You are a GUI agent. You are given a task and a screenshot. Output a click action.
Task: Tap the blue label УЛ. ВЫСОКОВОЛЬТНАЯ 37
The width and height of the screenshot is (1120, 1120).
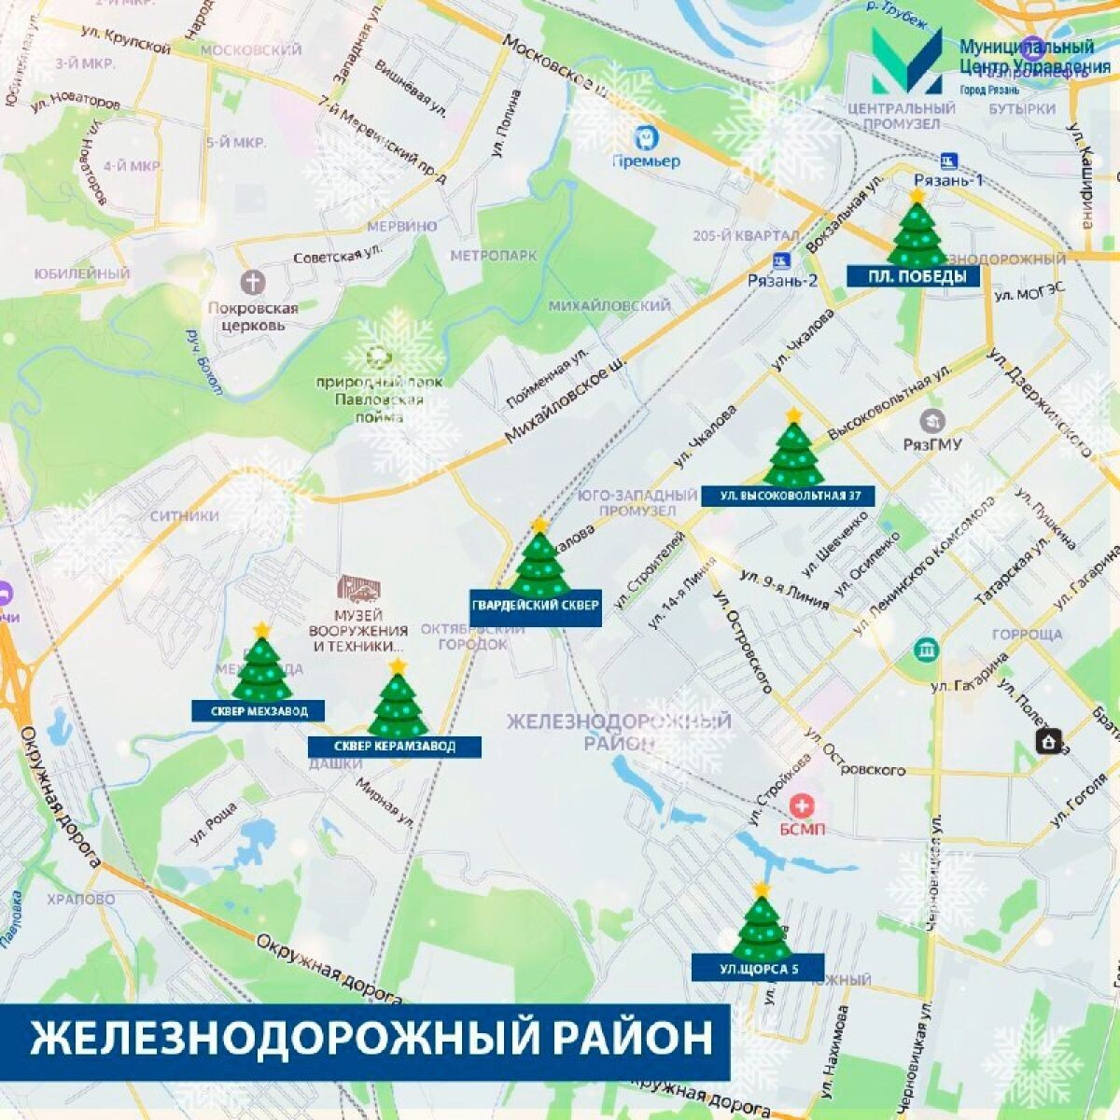pos(789,496)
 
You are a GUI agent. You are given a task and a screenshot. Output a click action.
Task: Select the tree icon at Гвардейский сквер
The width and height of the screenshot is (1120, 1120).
pos(539,563)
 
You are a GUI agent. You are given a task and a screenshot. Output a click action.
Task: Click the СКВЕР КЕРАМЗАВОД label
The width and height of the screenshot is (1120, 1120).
pos(395,747)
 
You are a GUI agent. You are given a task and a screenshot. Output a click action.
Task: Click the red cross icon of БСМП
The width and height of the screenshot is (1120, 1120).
pos(800,804)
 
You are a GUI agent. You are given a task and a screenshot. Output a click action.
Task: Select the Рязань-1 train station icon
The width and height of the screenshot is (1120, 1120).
pos(950,160)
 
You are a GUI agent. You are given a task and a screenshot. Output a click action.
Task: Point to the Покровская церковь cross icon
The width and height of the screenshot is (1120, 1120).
pos(253,281)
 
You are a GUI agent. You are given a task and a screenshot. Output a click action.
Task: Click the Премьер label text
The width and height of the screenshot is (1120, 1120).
pos(645,161)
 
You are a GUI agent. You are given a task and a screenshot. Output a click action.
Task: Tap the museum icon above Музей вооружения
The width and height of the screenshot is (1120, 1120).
pos(359,588)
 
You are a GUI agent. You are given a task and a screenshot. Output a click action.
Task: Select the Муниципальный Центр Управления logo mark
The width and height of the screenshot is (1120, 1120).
pos(906,60)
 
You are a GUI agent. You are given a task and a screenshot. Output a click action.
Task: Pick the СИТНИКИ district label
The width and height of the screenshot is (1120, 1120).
pos(184,515)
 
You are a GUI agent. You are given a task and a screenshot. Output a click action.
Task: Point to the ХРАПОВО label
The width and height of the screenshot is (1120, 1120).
pos(81,900)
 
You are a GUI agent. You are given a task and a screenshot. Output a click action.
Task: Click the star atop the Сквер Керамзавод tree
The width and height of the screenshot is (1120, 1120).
pos(399,665)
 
